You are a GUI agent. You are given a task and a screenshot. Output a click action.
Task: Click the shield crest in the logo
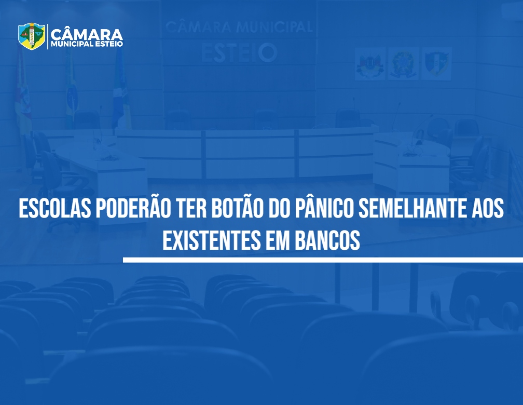click(32, 36)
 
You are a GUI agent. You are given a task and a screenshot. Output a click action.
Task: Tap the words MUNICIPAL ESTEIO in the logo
click(87, 44)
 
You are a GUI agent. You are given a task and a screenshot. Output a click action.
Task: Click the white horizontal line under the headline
click(323, 260)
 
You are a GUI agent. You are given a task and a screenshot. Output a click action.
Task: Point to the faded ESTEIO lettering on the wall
click(239, 53)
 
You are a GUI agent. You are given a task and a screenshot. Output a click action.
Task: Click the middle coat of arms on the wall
click(403, 64)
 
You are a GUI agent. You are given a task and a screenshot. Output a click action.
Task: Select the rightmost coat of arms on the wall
click(437, 64)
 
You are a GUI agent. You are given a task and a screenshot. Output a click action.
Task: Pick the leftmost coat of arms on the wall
click(370, 64)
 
